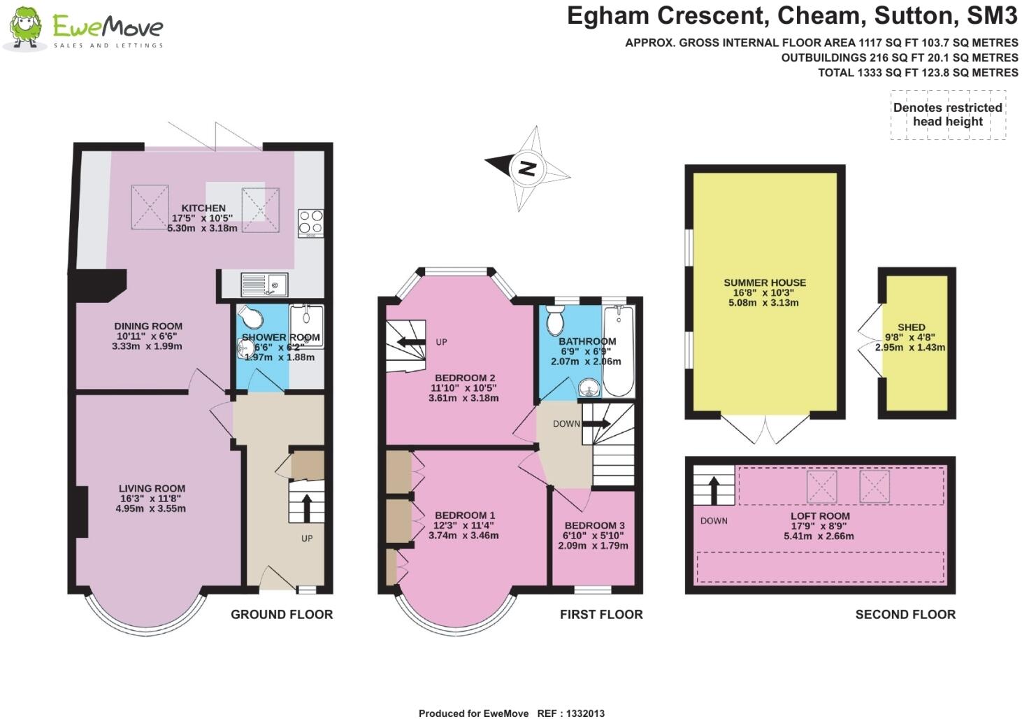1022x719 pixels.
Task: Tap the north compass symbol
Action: click(528, 168)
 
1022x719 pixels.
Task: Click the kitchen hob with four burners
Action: click(310, 222)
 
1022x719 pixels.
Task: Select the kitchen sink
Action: click(264, 285)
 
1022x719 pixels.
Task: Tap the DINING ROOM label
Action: click(148, 326)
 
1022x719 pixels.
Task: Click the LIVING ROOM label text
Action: click(152, 489)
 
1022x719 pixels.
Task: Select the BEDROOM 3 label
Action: click(594, 525)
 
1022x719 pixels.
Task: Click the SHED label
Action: click(911, 327)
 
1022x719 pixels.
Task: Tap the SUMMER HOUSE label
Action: click(765, 283)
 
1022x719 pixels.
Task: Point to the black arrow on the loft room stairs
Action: click(714, 490)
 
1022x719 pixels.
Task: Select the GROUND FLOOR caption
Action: click(282, 614)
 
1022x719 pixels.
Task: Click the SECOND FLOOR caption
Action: click(905, 614)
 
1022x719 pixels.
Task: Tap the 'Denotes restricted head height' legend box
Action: click(947, 115)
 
